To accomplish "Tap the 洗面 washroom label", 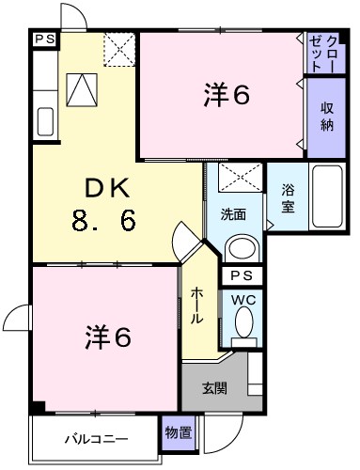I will (x=235, y=213).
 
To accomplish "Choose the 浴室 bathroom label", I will (x=289, y=197).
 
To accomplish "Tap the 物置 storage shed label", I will (x=178, y=432).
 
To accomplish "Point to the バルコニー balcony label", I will (x=96, y=438).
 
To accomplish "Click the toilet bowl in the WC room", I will (x=243, y=325).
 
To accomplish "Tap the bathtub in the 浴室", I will (x=328, y=196).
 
